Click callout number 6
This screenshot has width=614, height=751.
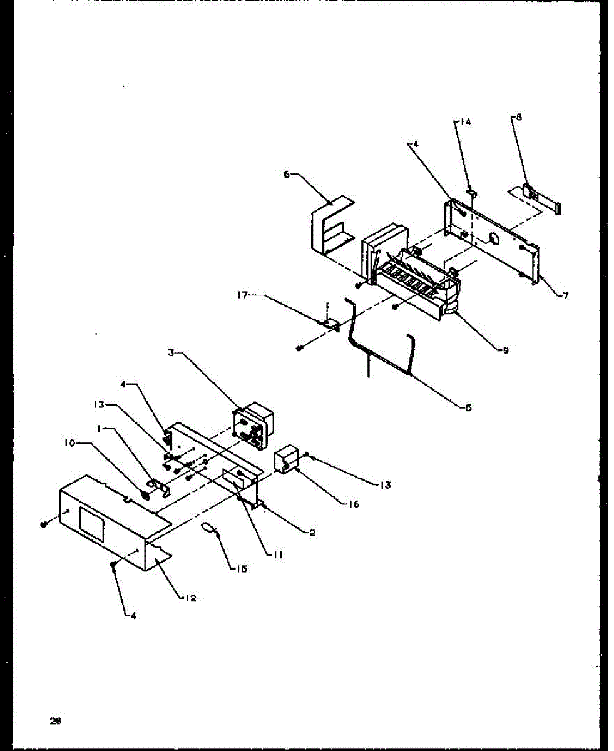coord(287,175)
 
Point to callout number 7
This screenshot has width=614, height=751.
coord(565,295)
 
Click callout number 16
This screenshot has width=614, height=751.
coord(354,504)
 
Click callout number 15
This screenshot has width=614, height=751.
coord(242,568)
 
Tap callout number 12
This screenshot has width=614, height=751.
coord(191,598)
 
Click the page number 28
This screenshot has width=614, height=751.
coord(56,720)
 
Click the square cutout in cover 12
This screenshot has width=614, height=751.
coord(92,523)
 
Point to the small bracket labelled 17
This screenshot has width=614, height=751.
coord(330,324)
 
